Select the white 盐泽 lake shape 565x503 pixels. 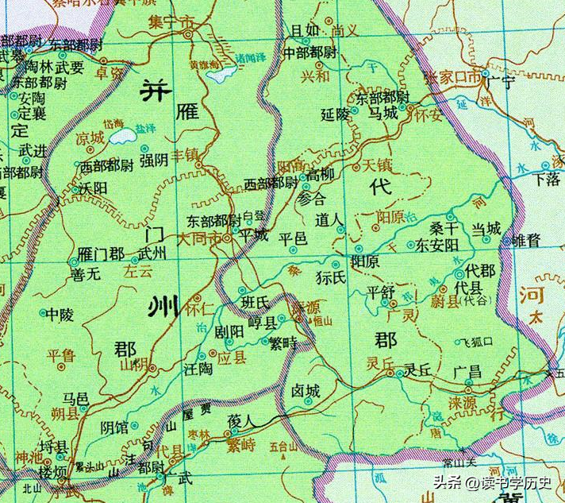123,137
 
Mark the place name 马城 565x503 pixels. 383,114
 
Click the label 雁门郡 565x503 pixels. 101,255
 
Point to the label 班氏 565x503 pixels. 256,302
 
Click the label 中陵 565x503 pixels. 60,315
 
